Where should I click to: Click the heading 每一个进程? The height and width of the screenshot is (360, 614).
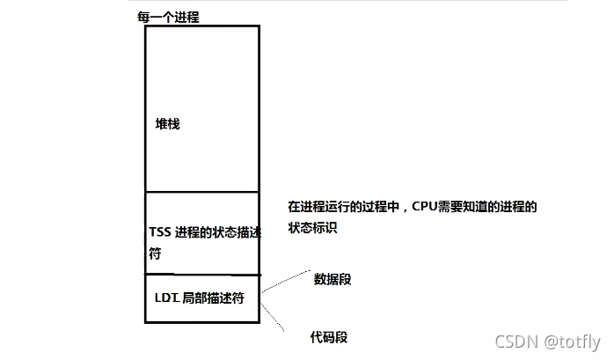[169, 18]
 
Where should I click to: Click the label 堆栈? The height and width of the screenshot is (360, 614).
[167, 125]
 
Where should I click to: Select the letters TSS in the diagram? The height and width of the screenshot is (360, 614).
[159, 231]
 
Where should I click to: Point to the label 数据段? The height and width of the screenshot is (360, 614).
[333, 279]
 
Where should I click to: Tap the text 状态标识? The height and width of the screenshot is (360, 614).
[312, 227]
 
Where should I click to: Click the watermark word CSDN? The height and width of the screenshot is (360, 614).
[516, 342]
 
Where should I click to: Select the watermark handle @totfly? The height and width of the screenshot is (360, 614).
[572, 342]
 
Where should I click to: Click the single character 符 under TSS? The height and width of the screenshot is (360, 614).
[156, 253]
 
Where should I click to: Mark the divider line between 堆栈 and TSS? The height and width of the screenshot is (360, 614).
[201, 192]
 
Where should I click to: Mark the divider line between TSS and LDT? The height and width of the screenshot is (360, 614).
[201, 274]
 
